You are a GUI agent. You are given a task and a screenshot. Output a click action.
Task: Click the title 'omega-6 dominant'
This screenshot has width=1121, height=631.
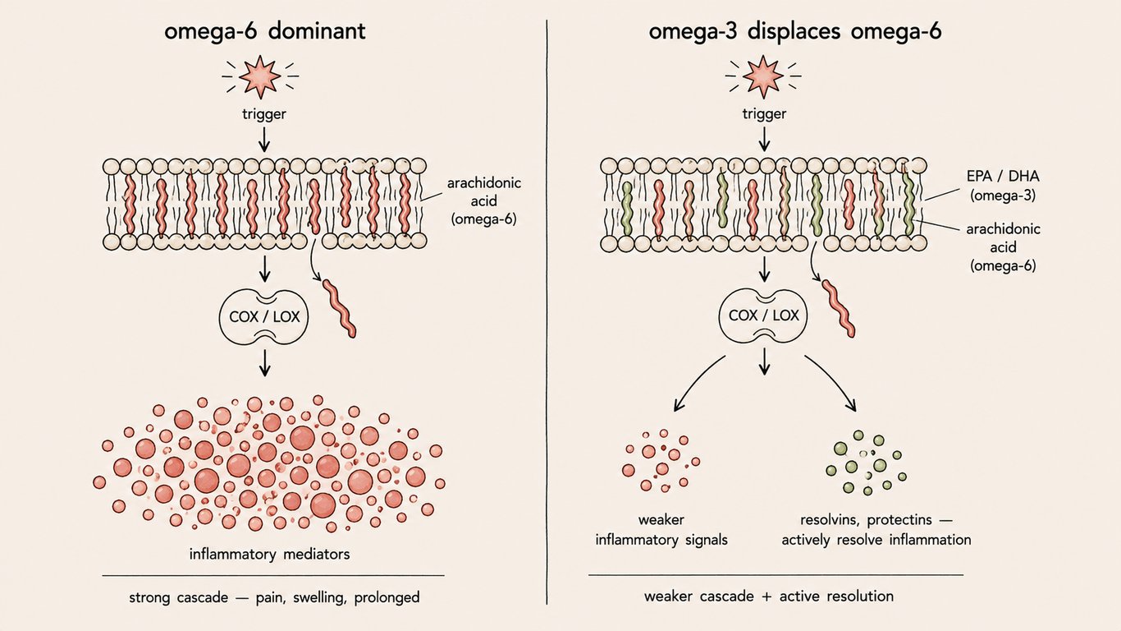265,31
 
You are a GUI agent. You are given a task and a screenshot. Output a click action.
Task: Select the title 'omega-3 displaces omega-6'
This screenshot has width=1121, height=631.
795,31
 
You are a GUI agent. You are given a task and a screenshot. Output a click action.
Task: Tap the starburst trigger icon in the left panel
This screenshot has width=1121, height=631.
260,76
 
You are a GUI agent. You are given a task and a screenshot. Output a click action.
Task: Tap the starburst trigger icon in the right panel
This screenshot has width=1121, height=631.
762,76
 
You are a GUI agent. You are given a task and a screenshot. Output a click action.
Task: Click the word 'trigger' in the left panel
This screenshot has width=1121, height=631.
264,113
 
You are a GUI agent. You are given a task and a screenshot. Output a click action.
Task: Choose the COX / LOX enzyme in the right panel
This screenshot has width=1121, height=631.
764,315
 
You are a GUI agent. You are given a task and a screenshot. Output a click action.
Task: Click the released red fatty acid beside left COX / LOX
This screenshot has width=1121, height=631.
339,308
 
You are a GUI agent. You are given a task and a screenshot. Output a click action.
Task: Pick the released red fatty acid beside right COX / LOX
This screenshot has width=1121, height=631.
839,308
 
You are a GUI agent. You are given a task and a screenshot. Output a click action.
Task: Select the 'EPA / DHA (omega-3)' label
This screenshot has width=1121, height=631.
1003,186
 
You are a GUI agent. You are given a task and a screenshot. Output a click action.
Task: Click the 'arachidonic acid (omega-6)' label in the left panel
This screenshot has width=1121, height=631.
484,201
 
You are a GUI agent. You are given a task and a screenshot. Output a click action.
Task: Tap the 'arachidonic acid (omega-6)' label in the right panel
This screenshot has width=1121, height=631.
1003,247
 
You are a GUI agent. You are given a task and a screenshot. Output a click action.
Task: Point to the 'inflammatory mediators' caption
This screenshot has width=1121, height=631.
270,555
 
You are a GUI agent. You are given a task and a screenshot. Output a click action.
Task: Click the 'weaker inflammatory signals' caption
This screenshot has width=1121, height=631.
661,530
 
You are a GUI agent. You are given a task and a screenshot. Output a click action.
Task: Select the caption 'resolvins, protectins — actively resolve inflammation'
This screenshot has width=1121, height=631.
876,530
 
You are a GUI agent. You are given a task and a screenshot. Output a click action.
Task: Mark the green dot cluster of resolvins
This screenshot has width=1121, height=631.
867,462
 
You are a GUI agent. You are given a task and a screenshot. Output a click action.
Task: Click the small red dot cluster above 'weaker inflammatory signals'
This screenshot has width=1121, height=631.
661,460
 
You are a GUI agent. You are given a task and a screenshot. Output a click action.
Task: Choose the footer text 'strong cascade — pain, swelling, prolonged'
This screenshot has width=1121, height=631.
274,597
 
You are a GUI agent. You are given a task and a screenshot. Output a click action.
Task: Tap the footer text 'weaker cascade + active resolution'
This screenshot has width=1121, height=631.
769,596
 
